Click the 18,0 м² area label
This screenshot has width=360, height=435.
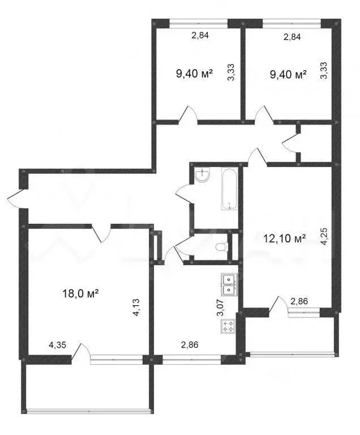click(x=80, y=293)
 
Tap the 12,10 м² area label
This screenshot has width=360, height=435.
click(x=285, y=238)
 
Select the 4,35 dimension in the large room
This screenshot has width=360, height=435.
click(x=57, y=344)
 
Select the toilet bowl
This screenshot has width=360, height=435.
click(x=222, y=247)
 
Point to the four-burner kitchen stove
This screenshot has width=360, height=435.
click(x=229, y=326)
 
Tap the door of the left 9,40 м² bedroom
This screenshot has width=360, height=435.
click(x=188, y=114)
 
